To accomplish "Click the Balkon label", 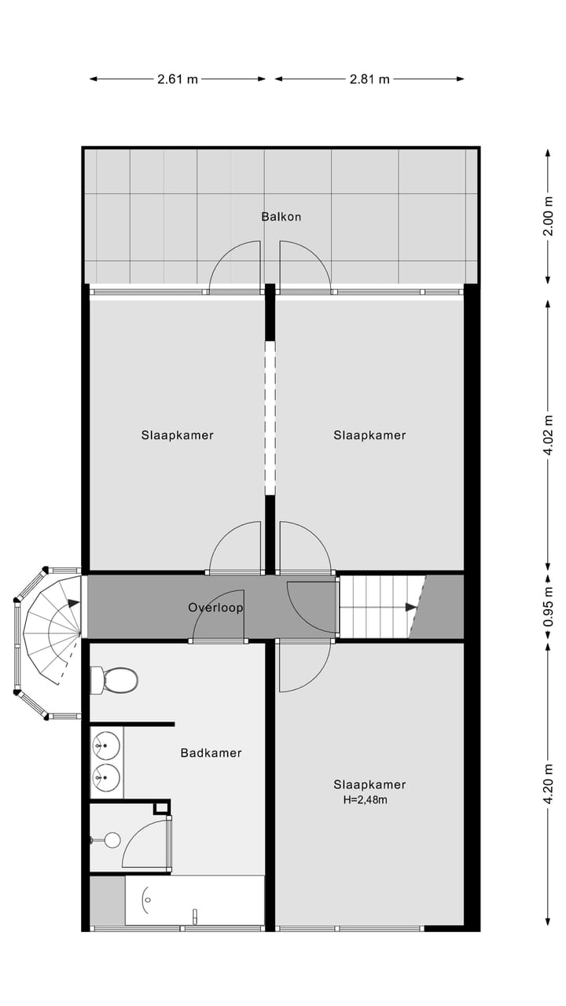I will tap(281, 217).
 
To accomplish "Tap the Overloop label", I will tap(215, 608).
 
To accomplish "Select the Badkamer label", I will tap(211, 753).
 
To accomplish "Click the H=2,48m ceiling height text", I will tap(366, 800).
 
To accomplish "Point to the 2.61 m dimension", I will tap(178, 79).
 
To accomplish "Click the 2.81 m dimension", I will tap(369, 79).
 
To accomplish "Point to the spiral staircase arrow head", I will tap(75, 604).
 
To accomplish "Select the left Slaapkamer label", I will tap(178, 435).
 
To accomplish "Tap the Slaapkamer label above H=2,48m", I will tap(369, 784).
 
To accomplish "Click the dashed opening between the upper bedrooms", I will tap(270, 417).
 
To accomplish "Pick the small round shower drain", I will tap(112, 840).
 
